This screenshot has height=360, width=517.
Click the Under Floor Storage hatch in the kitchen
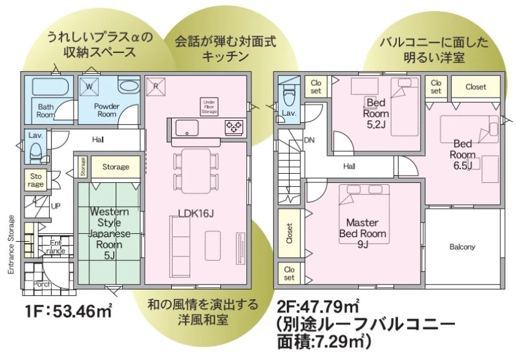pos(209,107)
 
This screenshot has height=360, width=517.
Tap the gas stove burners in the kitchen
pos(234,127)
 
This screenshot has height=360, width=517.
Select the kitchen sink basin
pos(187,127)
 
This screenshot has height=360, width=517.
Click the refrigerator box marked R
pos(156,87)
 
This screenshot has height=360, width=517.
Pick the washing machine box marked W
pos(89,87)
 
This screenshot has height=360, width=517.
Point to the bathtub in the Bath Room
pos(50,87)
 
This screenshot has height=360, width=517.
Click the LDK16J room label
pos(196,214)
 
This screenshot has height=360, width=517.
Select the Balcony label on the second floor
pos(462,247)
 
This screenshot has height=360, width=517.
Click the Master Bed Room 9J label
pos(363,233)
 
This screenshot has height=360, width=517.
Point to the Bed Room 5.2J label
pos(376,113)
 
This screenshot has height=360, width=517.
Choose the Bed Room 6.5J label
pos(463,154)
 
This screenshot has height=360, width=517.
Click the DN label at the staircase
pos(310,140)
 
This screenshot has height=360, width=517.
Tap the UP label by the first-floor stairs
pos(56,206)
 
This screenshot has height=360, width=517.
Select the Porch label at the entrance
pos(42,284)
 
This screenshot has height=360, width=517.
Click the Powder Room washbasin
pos(129,87)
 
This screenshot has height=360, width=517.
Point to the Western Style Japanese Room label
pos(109,233)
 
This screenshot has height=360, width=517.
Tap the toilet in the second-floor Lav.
pos(288,93)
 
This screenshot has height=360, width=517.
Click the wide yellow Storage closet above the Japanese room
pos(116,167)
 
